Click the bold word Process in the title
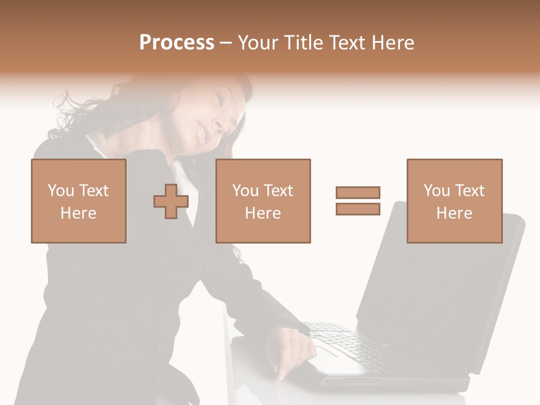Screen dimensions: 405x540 click(x=177, y=43)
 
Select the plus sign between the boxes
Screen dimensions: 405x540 click(x=170, y=201)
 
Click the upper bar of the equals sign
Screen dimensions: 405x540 click(x=358, y=192)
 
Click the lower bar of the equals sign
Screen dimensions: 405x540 click(x=358, y=209)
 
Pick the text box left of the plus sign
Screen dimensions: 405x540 click(x=79, y=201)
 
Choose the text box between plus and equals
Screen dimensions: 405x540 click(x=263, y=201)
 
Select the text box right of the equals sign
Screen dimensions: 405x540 click(x=454, y=201)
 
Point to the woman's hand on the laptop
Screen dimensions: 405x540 click(x=290, y=349)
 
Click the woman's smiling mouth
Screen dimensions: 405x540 click(x=201, y=134)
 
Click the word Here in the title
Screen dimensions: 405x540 click(x=393, y=43)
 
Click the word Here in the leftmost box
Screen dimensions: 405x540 click(x=79, y=213)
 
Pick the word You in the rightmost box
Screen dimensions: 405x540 click(x=436, y=191)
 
